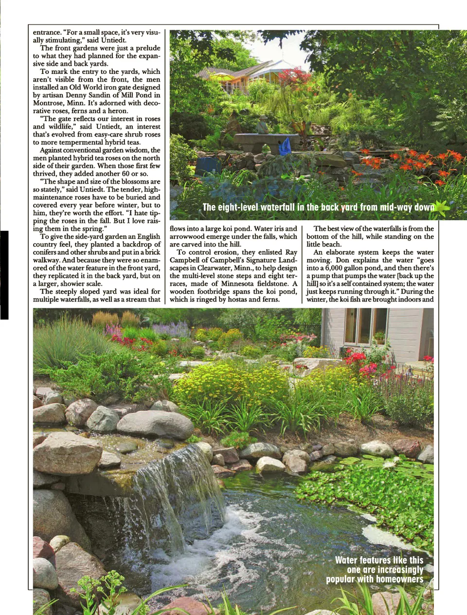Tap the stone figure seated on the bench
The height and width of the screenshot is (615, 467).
click(262, 125)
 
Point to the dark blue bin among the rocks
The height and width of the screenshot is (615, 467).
click(208, 166)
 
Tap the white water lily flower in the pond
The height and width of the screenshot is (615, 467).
click(389, 464)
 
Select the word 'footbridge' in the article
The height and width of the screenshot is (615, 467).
click(219, 292)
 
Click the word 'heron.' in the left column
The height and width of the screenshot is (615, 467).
click(118, 111)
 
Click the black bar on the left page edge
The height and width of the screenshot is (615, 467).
click(4, 275)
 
